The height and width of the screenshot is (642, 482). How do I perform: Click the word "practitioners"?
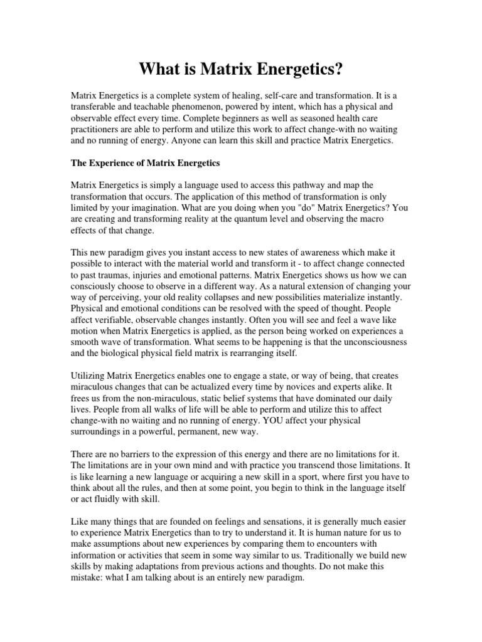[95, 129]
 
